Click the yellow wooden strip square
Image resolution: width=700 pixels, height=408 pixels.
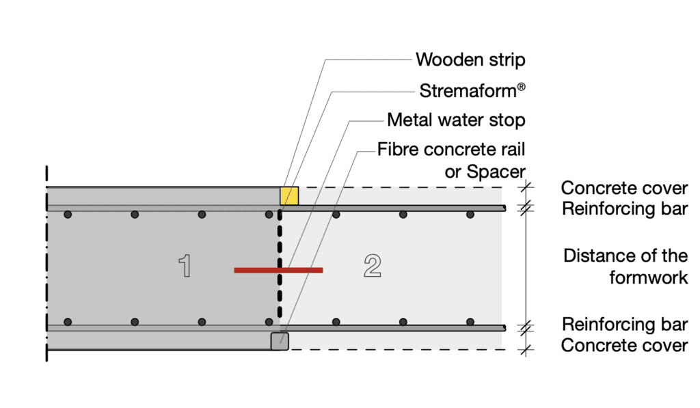pos(289,195)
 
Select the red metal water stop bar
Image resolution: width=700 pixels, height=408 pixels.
pos(278,271)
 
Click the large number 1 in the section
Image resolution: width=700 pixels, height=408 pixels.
pos(185,266)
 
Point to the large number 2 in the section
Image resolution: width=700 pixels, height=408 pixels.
pos(372,266)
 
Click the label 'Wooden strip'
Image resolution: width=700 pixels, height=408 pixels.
pos(470,59)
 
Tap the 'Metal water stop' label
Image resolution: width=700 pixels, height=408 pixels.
pos(456,120)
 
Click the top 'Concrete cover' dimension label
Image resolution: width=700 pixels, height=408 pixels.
pos(624,188)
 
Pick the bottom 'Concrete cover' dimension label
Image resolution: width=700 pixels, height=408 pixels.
pos(624,345)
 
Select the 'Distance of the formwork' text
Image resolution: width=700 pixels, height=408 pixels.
pos(625,267)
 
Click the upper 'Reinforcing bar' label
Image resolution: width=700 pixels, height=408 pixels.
pos(625,209)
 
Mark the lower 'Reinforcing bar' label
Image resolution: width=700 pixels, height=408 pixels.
pos(625,324)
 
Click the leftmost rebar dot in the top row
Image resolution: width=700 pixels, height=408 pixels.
pos(68,215)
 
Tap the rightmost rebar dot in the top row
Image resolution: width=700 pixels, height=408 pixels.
pos(470,215)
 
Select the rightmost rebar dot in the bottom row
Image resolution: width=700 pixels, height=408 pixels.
pos(470,321)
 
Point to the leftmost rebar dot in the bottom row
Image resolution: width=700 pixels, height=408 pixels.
pos(68,321)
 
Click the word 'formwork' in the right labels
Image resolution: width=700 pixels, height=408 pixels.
pos(648,277)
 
